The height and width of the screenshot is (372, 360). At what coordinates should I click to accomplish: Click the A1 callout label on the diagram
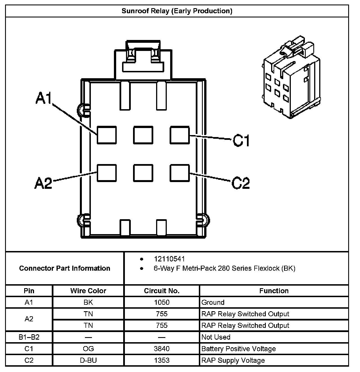[x=44, y=99]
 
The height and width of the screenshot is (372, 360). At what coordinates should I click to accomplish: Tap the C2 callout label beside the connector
[x=241, y=183]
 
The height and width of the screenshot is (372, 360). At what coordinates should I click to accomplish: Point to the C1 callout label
[x=241, y=140]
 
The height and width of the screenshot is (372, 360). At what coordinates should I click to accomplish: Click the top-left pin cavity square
[x=107, y=135]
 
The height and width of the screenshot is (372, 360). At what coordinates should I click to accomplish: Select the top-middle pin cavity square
[x=143, y=135]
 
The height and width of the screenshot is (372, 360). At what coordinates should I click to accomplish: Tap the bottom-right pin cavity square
[x=180, y=173]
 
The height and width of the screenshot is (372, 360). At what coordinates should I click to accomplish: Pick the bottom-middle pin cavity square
[x=143, y=173]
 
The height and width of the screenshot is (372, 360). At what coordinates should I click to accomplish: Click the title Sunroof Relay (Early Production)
[x=177, y=11]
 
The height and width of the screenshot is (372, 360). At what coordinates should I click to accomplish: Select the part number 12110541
[x=169, y=259]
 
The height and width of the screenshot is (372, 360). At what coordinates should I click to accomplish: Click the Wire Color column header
[x=88, y=291]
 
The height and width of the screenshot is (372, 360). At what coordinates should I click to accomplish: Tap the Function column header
[x=274, y=291]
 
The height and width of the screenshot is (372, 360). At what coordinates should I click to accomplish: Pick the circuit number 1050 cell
[x=162, y=302]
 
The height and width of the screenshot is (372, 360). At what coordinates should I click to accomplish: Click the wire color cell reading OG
[x=88, y=349]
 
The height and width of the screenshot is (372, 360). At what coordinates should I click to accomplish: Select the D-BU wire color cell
[x=88, y=360]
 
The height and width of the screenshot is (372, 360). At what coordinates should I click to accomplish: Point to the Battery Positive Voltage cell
[x=238, y=349]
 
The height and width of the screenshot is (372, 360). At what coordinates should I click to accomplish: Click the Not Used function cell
[x=216, y=337]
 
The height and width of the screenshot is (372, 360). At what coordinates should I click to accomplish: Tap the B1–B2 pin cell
[x=29, y=337]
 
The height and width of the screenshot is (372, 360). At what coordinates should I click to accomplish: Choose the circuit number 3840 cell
[x=162, y=349]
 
